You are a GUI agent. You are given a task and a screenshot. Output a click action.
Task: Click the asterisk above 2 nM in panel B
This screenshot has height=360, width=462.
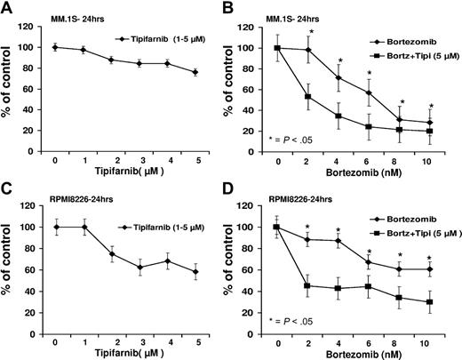[311, 33]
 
